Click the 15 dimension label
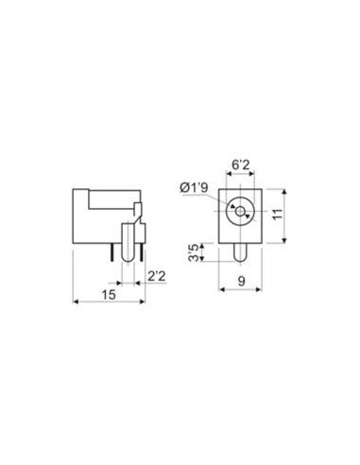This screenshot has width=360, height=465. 109,295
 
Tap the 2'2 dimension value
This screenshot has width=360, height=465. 157,276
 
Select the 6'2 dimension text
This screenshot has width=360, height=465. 240,164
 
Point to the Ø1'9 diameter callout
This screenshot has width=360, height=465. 194,188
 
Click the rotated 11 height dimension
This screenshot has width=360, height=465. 278,214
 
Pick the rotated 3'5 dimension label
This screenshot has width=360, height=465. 195,252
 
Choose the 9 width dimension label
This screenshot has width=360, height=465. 241,281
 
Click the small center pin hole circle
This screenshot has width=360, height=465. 240,212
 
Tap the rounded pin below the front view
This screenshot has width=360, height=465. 240,252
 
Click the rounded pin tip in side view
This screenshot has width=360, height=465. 128,258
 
